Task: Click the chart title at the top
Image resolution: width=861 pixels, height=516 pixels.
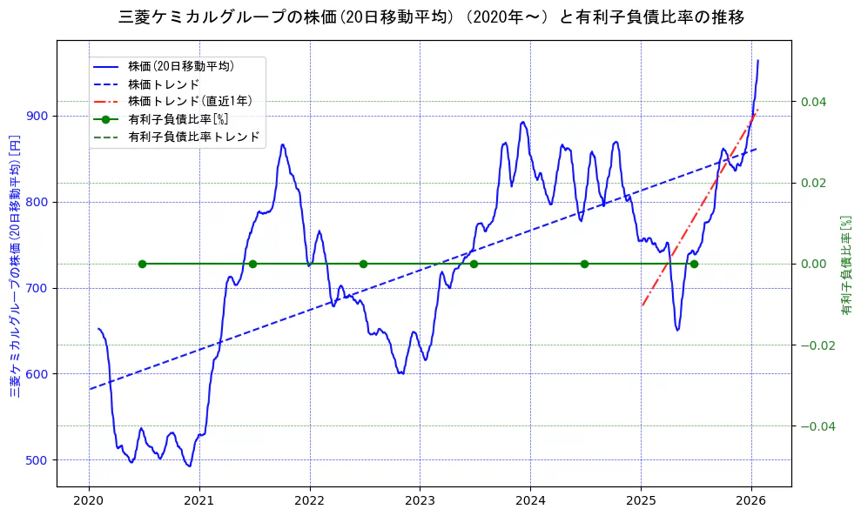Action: coord(430,17)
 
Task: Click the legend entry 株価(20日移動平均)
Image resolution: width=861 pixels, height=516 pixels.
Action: coord(181,65)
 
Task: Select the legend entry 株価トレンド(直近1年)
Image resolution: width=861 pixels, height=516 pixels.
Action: coord(190,101)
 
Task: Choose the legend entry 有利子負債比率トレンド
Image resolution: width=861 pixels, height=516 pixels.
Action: coord(193,137)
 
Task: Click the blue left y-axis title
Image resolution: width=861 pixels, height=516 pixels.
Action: coord(14,265)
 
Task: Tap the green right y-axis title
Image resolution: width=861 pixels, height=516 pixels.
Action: coord(845,265)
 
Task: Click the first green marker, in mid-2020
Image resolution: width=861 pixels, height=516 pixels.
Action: coord(142,264)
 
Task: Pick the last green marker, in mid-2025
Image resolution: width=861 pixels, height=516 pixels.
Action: coord(694,264)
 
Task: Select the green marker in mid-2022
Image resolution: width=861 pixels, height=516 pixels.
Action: coord(363,264)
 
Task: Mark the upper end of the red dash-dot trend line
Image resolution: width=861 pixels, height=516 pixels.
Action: coord(757,110)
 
